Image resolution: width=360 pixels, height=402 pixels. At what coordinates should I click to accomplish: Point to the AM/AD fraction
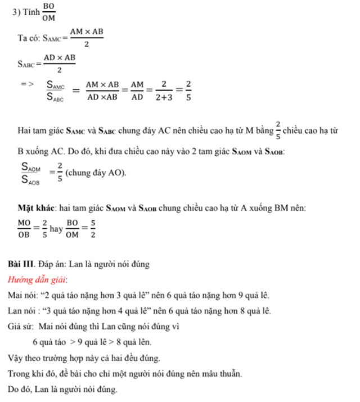point(137,91)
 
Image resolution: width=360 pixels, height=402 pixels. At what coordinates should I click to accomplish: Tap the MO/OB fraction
point(24,229)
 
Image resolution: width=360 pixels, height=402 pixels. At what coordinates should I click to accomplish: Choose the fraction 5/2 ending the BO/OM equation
point(93,229)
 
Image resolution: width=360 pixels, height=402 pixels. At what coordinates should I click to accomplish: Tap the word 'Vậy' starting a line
point(16,358)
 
